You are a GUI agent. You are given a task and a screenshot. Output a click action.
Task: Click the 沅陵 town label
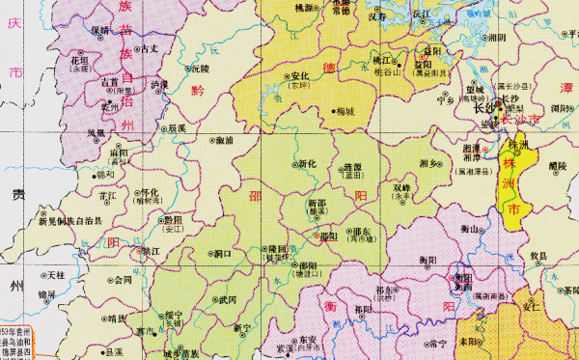pyautogui.click(x=199, y=69)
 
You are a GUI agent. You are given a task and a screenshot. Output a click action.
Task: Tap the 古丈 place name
pyautogui.click(x=148, y=48)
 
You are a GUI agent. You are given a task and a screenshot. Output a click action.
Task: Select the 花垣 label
pyautogui.click(x=78, y=60)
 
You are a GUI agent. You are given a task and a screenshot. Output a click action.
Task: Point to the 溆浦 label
pyautogui.click(x=224, y=141)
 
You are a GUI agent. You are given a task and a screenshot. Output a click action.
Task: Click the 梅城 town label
pyautogui.click(x=345, y=111)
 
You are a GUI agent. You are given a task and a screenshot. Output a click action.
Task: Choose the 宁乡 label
pyautogui.click(x=445, y=98)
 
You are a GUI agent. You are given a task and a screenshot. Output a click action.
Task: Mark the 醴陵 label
pyautogui.click(x=558, y=166)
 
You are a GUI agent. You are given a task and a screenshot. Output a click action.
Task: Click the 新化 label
pyautogui.click(x=307, y=164)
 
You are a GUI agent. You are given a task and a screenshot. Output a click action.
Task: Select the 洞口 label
pyautogui.click(x=223, y=254)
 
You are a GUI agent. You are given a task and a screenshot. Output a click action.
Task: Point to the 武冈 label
pyautogui.click(x=227, y=300)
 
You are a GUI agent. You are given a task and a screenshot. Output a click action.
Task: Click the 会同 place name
pyautogui.click(x=122, y=281)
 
